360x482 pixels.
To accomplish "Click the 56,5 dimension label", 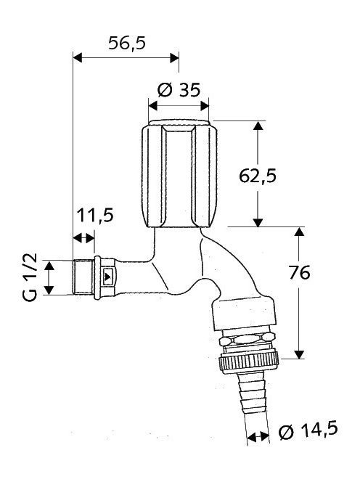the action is point(127,44).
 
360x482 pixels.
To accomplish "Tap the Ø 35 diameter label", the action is point(179,90).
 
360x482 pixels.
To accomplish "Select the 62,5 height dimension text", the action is point(258,176).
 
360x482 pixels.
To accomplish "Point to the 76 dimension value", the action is point(300,273).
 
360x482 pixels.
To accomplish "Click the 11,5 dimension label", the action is point(95,215).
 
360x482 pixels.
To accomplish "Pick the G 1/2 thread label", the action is point(30,277).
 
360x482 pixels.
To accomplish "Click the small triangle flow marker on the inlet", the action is point(107,277).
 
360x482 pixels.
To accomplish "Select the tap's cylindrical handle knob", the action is point(179,174).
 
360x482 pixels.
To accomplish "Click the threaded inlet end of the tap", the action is point(83,277).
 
